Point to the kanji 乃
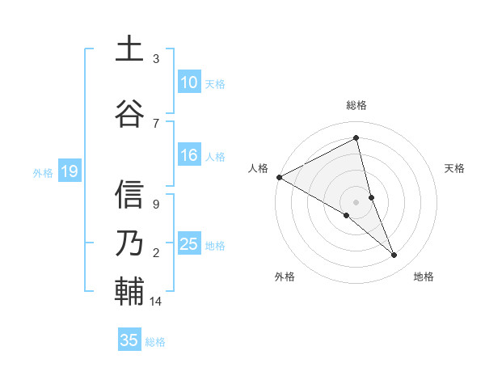point(129,242)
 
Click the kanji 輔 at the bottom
point(129,290)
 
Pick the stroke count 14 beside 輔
point(156,302)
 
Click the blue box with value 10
point(189,82)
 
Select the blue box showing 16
point(189,156)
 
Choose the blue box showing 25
point(189,245)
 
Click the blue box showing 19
point(69,171)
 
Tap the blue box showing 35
point(129,340)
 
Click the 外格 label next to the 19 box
point(42,172)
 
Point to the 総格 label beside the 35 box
point(155,341)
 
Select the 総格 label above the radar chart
point(356,105)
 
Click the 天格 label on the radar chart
point(455,168)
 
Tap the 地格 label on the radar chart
point(424,277)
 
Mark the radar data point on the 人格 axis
point(279,176)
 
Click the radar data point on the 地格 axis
point(394,255)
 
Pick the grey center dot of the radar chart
point(356,201)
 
